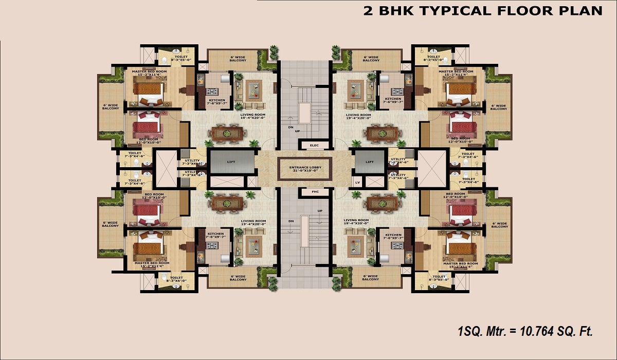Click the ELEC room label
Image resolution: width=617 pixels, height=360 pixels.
tap(314, 146)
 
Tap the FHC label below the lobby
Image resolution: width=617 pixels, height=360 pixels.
tap(315, 192)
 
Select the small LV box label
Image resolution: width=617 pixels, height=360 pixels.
tap(357, 183)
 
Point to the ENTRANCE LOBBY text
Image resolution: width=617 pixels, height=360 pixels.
tap(305, 167)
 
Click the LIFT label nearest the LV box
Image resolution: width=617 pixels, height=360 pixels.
tap(370, 161)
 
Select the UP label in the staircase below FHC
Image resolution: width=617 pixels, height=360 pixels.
tap(320, 211)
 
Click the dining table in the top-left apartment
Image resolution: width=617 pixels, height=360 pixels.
tap(227, 134)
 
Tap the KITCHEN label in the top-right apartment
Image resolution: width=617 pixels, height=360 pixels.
tap(393, 99)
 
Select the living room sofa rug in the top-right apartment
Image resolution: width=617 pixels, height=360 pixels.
tap(355, 91)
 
